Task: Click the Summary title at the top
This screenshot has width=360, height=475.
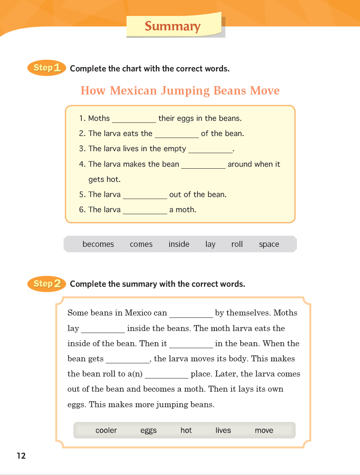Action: (172, 26)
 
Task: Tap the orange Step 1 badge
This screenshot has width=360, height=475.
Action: (47, 68)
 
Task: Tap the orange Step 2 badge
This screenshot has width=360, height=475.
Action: (47, 284)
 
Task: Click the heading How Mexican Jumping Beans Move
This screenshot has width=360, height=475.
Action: (180, 91)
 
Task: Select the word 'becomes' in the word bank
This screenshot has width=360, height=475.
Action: (98, 244)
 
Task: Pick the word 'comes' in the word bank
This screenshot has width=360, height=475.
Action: (141, 244)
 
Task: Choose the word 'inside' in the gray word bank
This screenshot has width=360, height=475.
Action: (179, 244)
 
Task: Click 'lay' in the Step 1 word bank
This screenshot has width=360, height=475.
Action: (210, 244)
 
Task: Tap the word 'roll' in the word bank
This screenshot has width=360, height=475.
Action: (237, 244)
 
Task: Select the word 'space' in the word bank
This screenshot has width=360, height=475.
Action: (269, 244)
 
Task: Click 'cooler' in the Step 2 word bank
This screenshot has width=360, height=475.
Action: (106, 430)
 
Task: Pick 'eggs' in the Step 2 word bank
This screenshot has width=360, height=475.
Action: (148, 431)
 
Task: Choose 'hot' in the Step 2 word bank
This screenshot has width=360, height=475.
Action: (186, 430)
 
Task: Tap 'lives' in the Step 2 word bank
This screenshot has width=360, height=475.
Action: (223, 430)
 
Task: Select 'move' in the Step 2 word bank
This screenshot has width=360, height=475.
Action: (264, 430)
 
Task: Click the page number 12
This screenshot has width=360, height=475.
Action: (21, 456)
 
